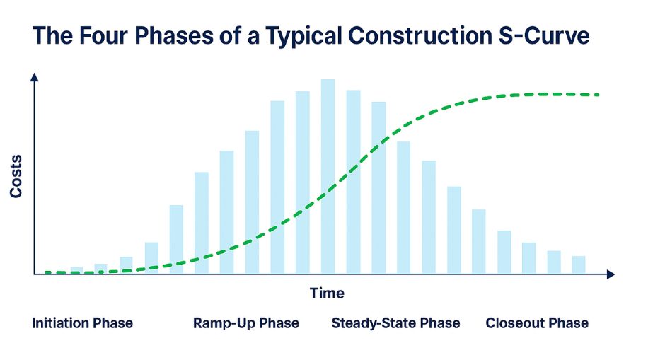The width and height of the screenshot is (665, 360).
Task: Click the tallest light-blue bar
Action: [x=328, y=176]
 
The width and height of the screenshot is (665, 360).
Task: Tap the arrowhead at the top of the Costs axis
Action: [x=35, y=77]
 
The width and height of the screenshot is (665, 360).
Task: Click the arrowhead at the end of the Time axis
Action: [x=611, y=274]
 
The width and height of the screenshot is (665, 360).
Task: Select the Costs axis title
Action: [x=16, y=176]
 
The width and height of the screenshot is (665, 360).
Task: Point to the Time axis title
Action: [x=327, y=293]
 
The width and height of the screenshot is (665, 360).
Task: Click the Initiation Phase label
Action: [x=82, y=323]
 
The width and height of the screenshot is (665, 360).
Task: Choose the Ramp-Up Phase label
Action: [x=246, y=323]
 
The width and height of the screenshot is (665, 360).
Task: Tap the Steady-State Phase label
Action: [x=395, y=323]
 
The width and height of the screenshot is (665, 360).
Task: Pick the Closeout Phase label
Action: [x=537, y=323]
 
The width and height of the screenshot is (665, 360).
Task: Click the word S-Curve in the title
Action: [x=544, y=35]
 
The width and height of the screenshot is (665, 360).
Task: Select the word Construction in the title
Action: [x=420, y=35]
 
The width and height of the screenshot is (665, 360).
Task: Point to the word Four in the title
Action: [x=103, y=35]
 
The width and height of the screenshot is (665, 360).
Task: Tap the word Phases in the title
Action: [x=174, y=35]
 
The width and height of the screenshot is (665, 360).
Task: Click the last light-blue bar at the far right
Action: [x=579, y=265]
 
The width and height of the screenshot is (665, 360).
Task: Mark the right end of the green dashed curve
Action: [x=598, y=95]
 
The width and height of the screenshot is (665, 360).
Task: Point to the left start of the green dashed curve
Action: [x=47, y=272]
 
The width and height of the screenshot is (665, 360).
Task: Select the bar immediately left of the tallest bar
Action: [x=302, y=182]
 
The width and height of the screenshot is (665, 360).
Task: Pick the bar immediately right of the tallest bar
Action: [x=353, y=182]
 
